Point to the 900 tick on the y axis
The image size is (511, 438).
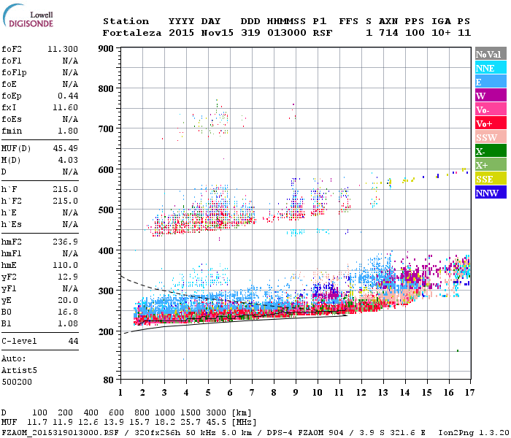pos(107,49)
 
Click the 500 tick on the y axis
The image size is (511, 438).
pos(107,210)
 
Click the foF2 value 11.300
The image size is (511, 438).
pos(63,50)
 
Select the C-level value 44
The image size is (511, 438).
pos(73,341)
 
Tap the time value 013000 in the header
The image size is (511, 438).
pos(285,33)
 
